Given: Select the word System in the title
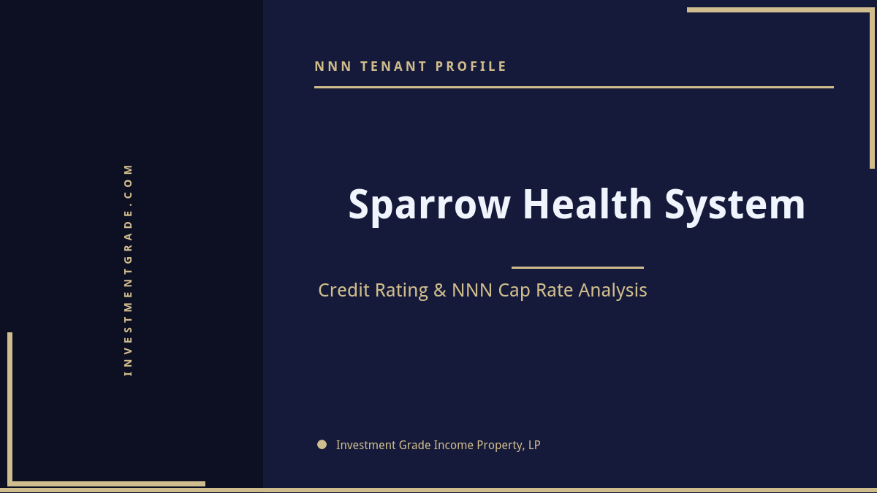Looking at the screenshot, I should pyautogui.click(x=734, y=205).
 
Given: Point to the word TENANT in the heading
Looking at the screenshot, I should pyautogui.click(x=394, y=66).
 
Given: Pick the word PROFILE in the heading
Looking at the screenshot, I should pyautogui.click(x=471, y=66).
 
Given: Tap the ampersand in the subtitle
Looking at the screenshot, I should pyautogui.click(x=439, y=291).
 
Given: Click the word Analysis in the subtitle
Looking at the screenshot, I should pyautogui.click(x=612, y=291).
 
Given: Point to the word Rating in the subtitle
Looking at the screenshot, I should pyautogui.click(x=401, y=291).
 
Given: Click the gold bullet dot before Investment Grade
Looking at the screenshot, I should pyautogui.click(x=322, y=444).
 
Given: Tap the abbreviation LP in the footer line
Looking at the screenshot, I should pyautogui.click(x=534, y=445).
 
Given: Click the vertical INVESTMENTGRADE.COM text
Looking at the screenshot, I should pyautogui.click(x=128, y=269).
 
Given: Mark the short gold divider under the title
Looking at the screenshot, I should pyautogui.click(x=577, y=267).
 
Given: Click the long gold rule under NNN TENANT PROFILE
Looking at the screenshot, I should pyautogui.click(x=574, y=87).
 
